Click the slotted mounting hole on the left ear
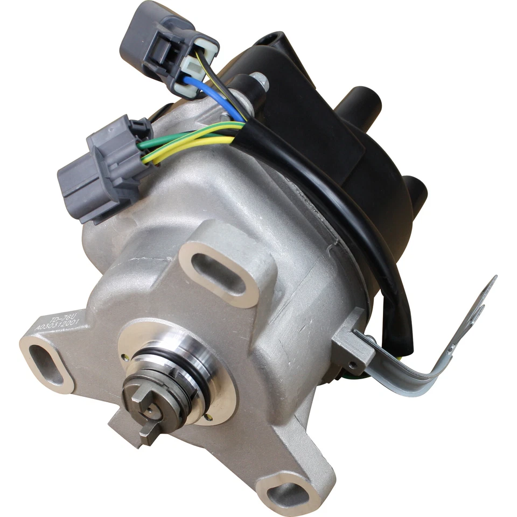point(46,365)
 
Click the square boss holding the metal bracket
point(350,350)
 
